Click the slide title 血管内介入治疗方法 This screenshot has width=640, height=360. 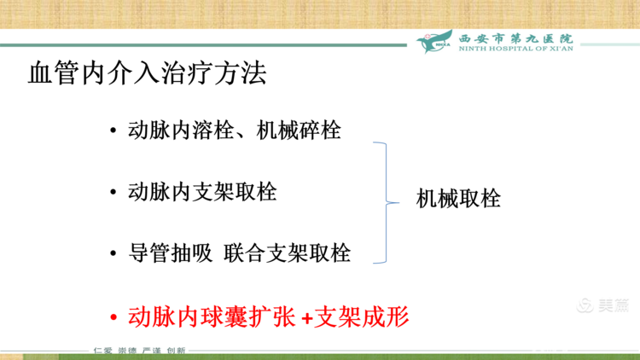[x=147, y=73]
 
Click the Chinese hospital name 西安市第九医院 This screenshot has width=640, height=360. [x=516, y=38]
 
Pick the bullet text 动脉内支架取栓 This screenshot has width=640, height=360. [x=202, y=191]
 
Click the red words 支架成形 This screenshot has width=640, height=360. [x=363, y=316]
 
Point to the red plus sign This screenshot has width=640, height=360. [x=307, y=318]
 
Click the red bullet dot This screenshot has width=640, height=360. [x=113, y=318]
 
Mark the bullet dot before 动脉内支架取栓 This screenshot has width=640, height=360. [x=113, y=193]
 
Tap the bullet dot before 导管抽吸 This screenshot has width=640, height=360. [x=113, y=255]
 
